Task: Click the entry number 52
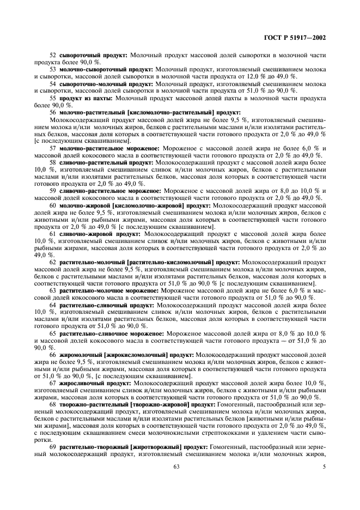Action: click(x=52, y=56)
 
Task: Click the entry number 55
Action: click(x=52, y=98)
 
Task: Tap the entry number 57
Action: click(x=52, y=147)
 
